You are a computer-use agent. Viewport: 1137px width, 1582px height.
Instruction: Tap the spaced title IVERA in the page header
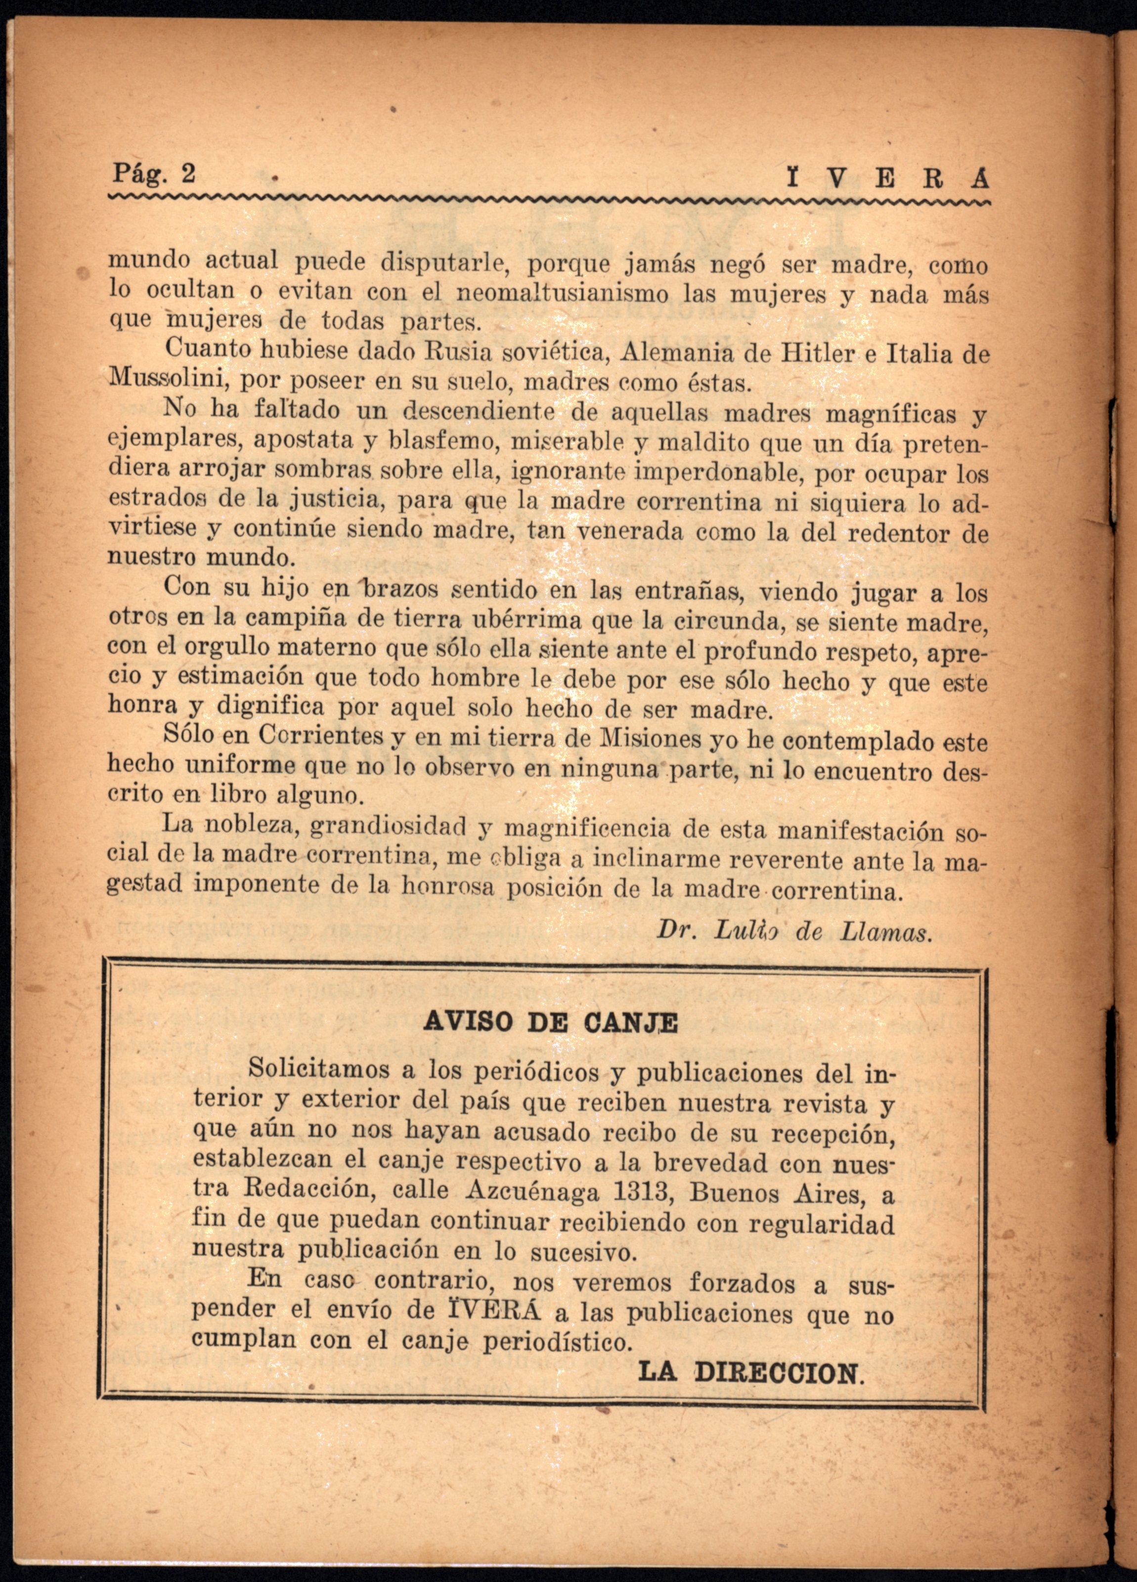885,179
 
